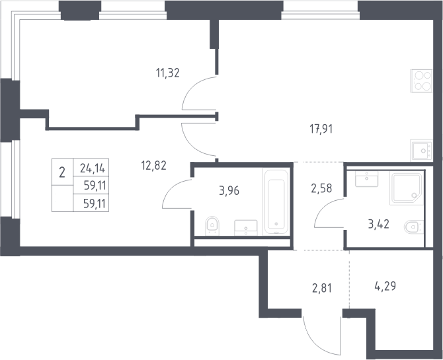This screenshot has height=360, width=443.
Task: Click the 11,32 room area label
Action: coord(168,73)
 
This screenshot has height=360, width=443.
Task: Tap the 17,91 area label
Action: coord(321,129)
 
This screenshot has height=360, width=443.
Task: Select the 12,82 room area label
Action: coord(153,165)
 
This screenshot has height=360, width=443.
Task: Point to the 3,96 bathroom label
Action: coord(229,191)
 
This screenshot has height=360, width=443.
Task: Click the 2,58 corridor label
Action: coord(321,188)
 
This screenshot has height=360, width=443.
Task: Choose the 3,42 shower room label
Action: coord(379,224)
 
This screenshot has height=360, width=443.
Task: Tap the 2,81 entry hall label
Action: coord(322,288)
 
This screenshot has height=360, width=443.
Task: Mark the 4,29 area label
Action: coord(385,286)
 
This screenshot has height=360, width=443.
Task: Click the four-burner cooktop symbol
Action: coord(421,81)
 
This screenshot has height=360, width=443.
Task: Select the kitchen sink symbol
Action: coord(422,151)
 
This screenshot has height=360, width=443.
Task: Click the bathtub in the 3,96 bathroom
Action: coord(276,202)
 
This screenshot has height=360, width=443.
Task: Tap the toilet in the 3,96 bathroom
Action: coord(212,225)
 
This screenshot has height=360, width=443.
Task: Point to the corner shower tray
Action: coord(406,188)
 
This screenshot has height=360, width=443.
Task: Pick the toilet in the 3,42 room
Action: coord(414,227)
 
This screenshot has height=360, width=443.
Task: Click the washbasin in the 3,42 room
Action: coord(366,179)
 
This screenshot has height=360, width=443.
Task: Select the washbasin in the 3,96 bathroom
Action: coord(246,228)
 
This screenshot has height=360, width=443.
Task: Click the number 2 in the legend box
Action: coord(62,172)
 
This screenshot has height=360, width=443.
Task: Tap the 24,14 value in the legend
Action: coord(93,168)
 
